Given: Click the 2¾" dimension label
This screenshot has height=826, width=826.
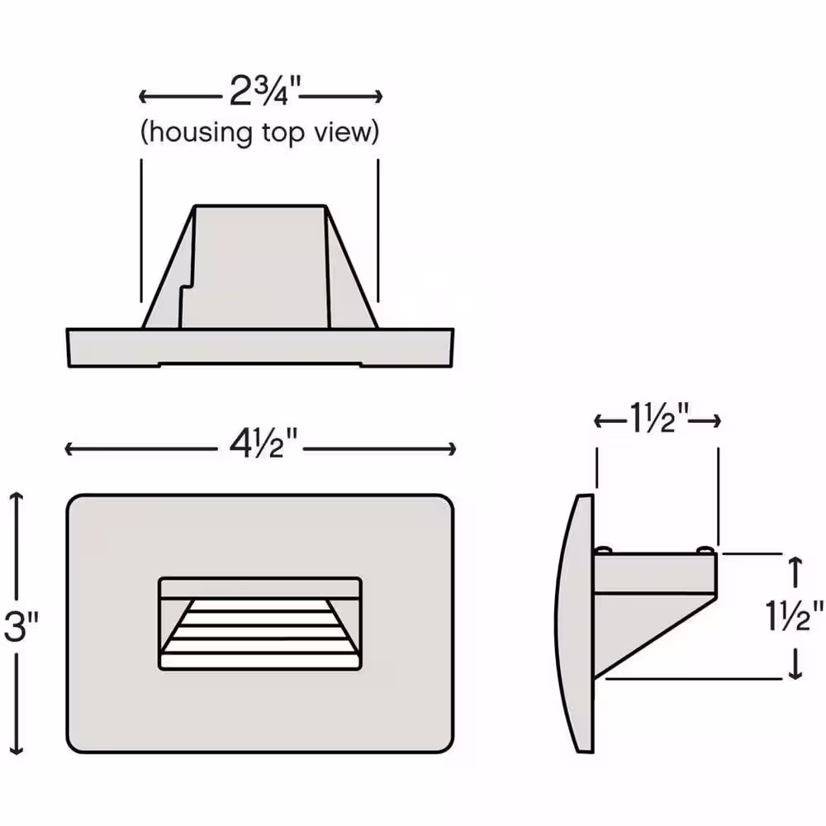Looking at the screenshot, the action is [x=265, y=91].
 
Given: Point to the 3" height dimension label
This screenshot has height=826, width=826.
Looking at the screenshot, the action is [x=21, y=625].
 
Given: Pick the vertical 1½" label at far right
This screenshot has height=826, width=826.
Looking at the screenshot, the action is [x=793, y=615].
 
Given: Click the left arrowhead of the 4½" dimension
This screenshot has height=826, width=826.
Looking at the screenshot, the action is [x=68, y=449].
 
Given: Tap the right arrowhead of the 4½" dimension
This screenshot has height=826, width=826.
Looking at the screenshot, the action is [x=452, y=449].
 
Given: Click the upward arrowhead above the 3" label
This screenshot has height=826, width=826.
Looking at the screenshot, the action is [x=17, y=496].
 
